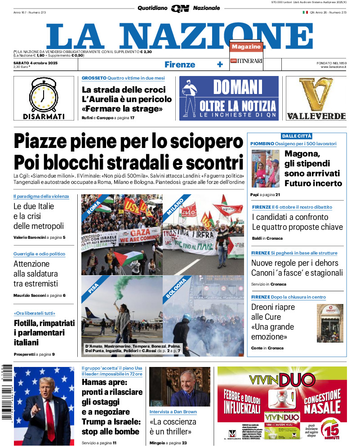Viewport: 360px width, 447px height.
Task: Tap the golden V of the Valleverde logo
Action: tap(316, 94)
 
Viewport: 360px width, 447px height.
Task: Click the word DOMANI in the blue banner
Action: tap(237, 87)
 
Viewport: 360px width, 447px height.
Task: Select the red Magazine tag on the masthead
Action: tap(246, 46)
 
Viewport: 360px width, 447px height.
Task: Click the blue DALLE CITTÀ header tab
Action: tap(297, 136)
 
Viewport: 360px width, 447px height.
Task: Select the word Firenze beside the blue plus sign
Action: tap(180, 64)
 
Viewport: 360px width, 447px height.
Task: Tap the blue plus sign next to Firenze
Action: tap(220, 64)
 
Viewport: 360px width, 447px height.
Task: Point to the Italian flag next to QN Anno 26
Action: tap(305, 12)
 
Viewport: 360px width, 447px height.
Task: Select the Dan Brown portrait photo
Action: tap(179, 387)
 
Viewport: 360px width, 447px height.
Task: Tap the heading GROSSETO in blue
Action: tap(94, 78)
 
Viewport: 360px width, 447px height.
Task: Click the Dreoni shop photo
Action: tap(330, 323)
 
